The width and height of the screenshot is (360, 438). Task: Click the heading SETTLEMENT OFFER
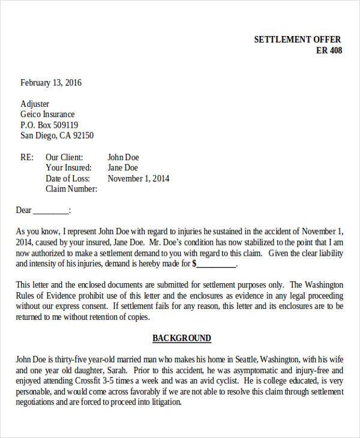coord(298,40)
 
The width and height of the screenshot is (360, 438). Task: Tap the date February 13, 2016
coord(51,83)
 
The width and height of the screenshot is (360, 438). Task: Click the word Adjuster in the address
coord(35,104)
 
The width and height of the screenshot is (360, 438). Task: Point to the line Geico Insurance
coord(48,115)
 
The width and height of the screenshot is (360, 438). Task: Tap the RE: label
coord(26,157)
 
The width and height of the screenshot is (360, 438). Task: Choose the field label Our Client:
coord(68,157)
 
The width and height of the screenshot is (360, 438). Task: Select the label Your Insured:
coord(69,167)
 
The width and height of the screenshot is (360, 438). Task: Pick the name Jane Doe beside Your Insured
coord(123,167)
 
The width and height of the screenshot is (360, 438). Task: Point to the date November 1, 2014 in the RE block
coord(139,178)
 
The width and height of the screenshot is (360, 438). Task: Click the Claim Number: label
coord(71,189)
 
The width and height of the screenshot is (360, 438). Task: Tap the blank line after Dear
coord(51,211)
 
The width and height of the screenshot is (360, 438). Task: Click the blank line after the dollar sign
coord(217,264)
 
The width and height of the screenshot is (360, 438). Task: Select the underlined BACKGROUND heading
coord(182,338)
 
